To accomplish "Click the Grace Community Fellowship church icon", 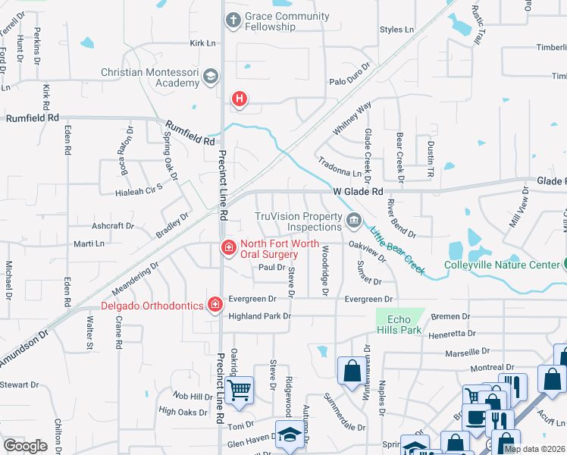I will pos(233,21).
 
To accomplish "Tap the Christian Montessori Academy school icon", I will pos(210,77).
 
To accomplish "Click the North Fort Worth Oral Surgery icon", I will pos(227,248).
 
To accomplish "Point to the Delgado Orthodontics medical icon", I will pos(215,306).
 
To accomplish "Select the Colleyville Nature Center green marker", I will pos(563,265).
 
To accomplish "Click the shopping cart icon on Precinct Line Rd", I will pos(240,390).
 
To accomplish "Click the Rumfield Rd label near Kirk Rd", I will pos(33,118).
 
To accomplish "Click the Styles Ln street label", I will pos(397,30).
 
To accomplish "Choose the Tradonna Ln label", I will pos(341,173).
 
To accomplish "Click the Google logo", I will pos(25,446).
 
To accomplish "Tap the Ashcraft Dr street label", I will pos(113,226).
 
